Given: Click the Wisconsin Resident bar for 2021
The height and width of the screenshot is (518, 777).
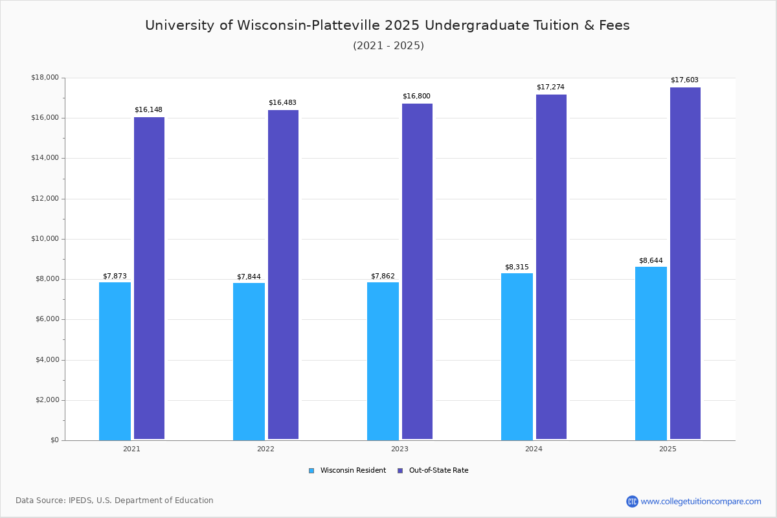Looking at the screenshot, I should pyautogui.click(x=115, y=361).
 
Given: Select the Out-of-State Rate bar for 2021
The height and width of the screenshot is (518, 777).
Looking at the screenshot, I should pyautogui.click(x=149, y=278).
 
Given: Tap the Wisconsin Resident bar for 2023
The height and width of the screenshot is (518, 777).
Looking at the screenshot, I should pyautogui.click(x=383, y=361).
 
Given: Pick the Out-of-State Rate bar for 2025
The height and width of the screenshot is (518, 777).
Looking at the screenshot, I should pyautogui.click(x=685, y=263).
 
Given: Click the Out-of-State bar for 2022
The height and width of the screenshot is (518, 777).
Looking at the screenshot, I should pyautogui.click(x=283, y=275).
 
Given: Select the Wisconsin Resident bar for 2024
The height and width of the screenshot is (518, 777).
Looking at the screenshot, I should pyautogui.click(x=517, y=356).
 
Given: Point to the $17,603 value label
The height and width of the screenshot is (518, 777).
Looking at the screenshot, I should pyautogui.click(x=684, y=80).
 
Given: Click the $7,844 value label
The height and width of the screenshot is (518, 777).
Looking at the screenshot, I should pyautogui.click(x=249, y=277).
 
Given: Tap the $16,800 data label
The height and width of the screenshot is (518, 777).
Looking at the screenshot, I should pyautogui.click(x=416, y=96).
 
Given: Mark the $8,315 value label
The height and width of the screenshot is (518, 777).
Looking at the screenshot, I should pyautogui.click(x=517, y=267).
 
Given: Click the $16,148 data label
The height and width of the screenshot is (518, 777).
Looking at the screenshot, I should pyautogui.click(x=148, y=110).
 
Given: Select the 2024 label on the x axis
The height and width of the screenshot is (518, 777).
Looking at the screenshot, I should pyautogui.click(x=534, y=449).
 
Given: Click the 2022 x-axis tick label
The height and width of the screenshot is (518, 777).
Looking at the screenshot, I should pyautogui.click(x=265, y=449).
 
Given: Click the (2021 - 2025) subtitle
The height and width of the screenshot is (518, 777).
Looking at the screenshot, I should pyautogui.click(x=388, y=46).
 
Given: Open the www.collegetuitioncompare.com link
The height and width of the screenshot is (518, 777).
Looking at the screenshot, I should pyautogui.click(x=701, y=501).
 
